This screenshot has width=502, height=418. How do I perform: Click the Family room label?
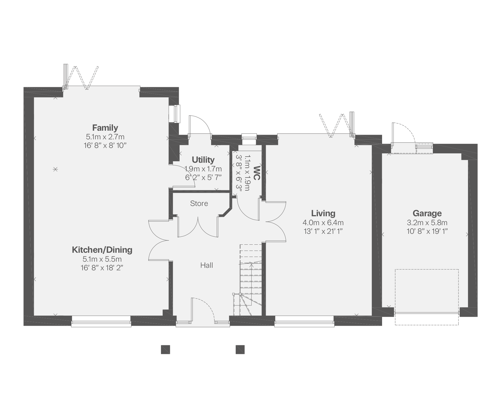point(105,128)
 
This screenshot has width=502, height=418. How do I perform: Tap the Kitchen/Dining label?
point(102,250)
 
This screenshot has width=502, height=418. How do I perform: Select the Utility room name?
point(203,160)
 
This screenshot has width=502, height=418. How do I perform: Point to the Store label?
point(199,203)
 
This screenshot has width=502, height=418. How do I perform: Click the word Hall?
point(207,265)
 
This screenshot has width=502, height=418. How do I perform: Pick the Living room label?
point(323,213)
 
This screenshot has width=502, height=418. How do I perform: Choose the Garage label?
point(427,213)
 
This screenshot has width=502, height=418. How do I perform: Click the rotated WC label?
point(257,173)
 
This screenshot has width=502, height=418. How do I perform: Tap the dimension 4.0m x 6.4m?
point(323,223)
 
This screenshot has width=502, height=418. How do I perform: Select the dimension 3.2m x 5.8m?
point(427,223)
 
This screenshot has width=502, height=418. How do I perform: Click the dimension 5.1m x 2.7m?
point(105,137)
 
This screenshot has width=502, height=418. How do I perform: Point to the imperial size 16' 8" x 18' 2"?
point(102,268)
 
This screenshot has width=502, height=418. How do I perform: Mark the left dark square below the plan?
point(165,350)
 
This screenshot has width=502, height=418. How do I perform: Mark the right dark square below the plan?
point(240,350)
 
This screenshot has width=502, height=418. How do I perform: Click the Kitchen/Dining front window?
point(101,321)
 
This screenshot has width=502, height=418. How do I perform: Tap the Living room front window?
point(304,321)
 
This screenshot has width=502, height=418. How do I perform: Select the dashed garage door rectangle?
point(427,297)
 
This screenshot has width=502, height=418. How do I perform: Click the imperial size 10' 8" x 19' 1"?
point(427,231)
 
